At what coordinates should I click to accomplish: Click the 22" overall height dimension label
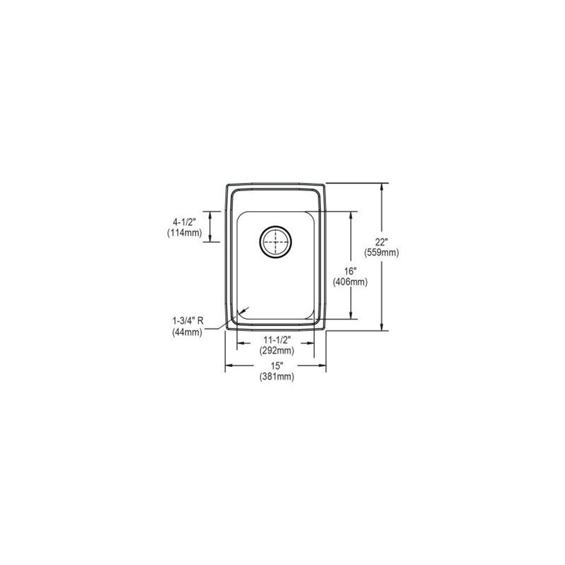point(381,242)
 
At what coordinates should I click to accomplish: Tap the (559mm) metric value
point(381,252)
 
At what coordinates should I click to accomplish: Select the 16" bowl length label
point(350,271)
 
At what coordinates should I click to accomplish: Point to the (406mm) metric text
point(350,282)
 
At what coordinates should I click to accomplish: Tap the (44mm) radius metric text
point(187,333)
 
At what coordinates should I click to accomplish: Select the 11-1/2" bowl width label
point(276,340)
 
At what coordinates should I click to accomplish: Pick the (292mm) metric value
point(276,350)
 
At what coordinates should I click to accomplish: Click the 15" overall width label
point(276,366)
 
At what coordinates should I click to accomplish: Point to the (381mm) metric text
point(276,377)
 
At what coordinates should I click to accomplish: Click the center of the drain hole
point(276,241)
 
